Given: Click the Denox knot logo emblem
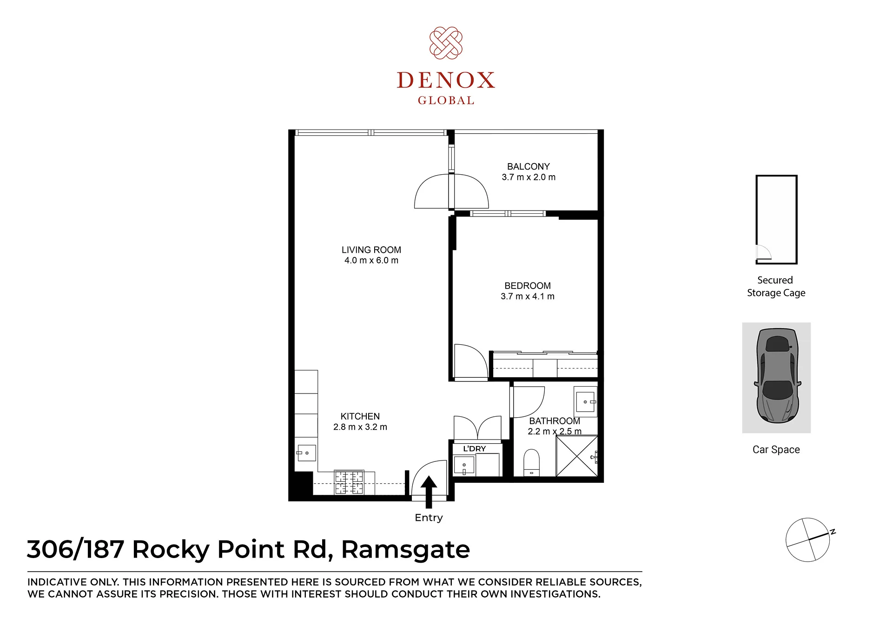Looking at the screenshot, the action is [446, 43].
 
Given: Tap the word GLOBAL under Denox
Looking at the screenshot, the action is [446, 100].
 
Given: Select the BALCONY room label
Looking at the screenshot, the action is [529, 166].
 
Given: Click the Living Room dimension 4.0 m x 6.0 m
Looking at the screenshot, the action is [371, 261].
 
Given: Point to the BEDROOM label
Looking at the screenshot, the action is [528, 286].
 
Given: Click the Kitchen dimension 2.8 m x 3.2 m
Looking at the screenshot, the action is [360, 427].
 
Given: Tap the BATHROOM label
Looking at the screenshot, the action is [555, 421].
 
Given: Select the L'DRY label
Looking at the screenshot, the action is [475, 449].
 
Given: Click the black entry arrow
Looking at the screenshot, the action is [429, 492].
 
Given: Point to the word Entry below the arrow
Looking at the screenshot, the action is [429, 518].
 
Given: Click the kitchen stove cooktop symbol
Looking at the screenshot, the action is [349, 483].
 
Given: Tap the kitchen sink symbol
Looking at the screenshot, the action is [306, 453].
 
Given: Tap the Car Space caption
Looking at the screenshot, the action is [776, 450].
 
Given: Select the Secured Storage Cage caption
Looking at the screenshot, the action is [776, 287].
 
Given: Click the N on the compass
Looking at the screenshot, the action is [833, 532].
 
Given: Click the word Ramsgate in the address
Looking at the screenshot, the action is [406, 550].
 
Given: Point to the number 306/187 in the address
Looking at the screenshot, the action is [75, 549].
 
